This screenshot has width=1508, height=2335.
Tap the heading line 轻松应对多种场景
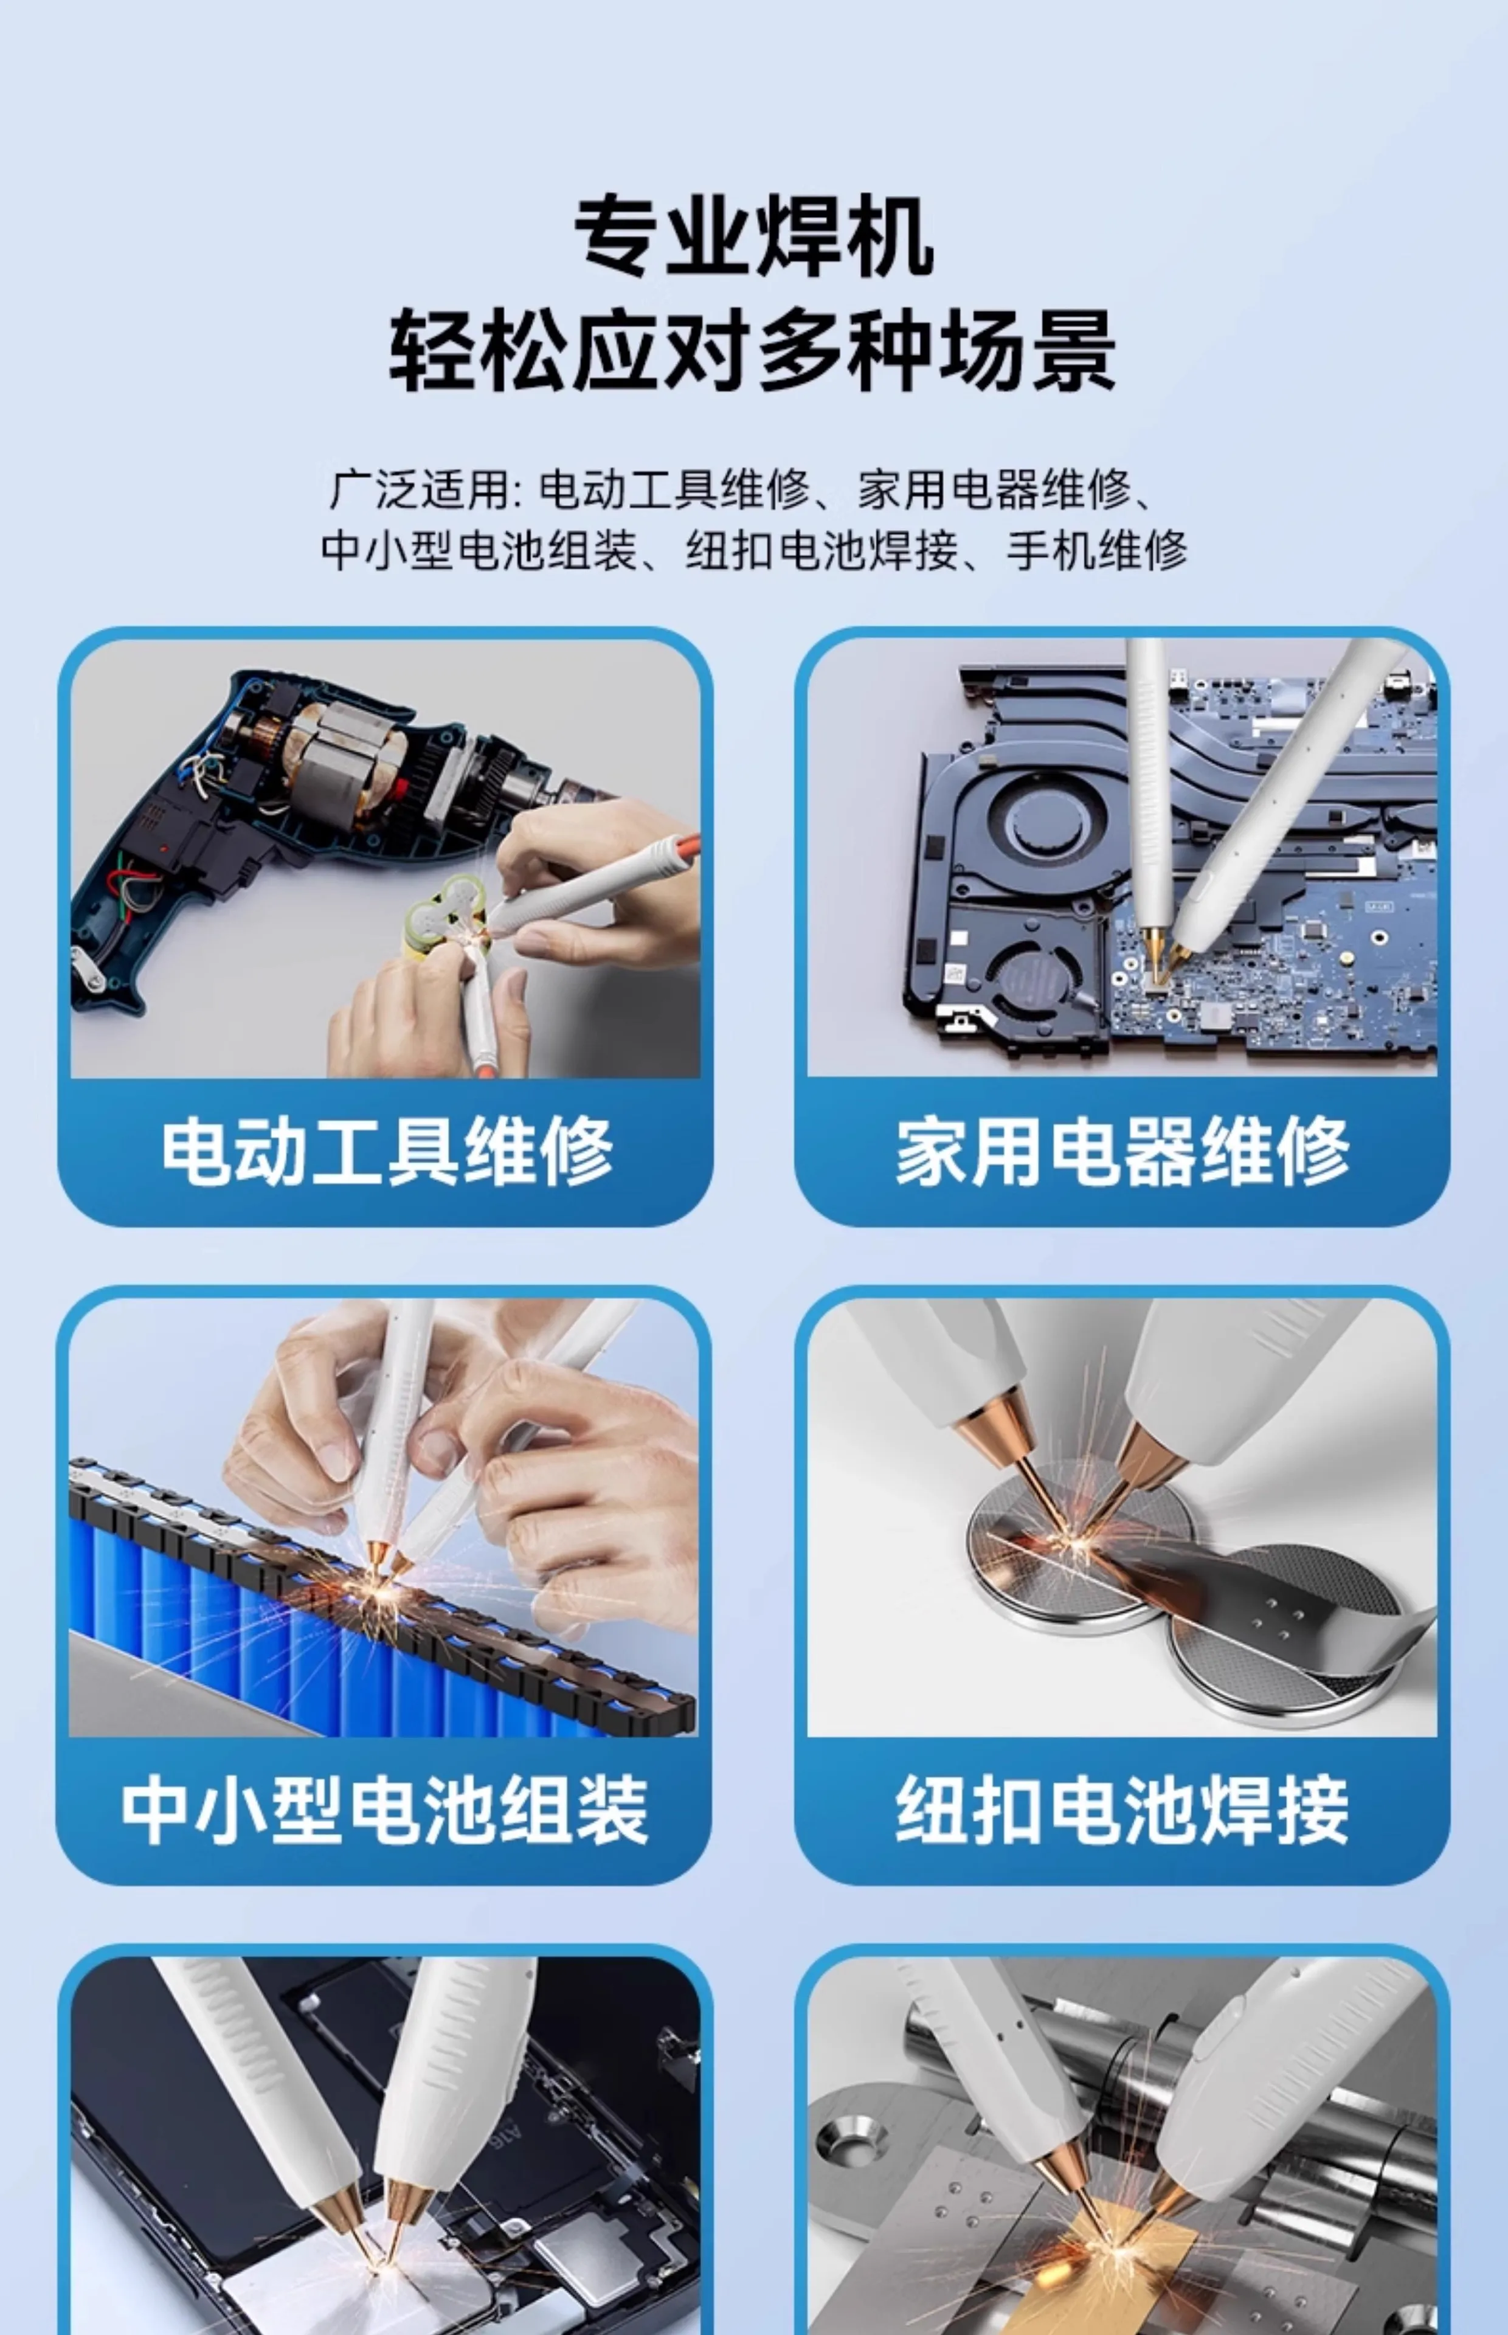pyautogui.click(x=753, y=350)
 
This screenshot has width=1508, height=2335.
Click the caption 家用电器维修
pyautogui.click(x=1123, y=1150)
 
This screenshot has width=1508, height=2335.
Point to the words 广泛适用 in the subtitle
pyautogui.click(x=418, y=489)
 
